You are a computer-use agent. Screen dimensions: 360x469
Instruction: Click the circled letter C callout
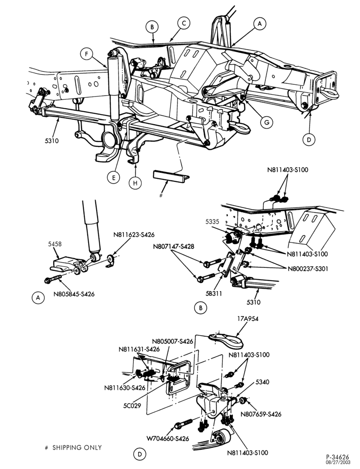pos(184,24)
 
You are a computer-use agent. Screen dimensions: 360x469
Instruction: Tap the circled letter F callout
pos(87,54)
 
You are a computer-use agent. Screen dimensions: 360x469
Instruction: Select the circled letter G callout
pos(267,122)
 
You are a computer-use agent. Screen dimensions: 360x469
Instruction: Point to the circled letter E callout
pos(114,178)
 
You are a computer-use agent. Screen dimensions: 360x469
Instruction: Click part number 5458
pos(55,244)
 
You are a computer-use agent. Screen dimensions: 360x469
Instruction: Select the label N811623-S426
pos(134,235)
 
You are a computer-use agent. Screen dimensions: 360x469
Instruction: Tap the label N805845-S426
pos(74,294)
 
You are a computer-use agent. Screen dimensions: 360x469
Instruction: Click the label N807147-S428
pos(173,247)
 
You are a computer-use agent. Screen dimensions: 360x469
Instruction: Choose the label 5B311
pos(213,293)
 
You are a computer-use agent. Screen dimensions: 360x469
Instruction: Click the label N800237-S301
pos(308,268)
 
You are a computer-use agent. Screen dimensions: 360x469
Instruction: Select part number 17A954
pos(248,318)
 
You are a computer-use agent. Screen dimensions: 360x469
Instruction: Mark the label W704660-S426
pos(168,439)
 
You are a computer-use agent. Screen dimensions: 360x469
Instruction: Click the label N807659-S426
pos(261,414)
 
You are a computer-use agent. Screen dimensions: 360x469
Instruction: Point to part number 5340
pos(262,382)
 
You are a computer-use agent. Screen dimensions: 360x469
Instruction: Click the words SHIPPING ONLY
pos(77,448)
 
